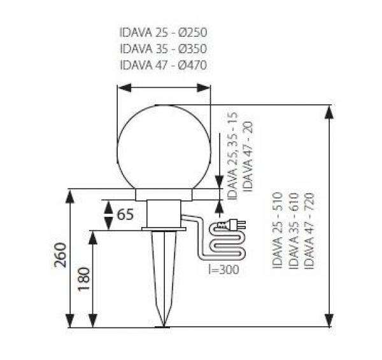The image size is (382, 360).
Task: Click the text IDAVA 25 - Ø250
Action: (x=164, y=32)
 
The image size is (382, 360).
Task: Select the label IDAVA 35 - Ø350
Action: (x=164, y=49)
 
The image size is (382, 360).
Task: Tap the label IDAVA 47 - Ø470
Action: (x=164, y=65)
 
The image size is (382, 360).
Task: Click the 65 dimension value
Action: (x=125, y=214)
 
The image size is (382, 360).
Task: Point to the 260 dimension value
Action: (x=60, y=255)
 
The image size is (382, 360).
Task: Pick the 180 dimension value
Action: (x=84, y=279)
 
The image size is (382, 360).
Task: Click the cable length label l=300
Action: (x=223, y=269)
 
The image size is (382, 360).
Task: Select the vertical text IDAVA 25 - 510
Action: (x=277, y=230)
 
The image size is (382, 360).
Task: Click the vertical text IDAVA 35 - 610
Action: (x=294, y=230)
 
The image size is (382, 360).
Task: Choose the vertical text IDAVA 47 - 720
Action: (x=309, y=230)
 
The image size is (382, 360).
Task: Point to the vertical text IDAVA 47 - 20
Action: (x=248, y=156)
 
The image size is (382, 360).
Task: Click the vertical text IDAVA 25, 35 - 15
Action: (x=232, y=156)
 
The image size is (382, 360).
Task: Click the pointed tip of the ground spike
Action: (x=164, y=327)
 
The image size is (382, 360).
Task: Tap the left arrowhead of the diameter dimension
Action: (x=124, y=88)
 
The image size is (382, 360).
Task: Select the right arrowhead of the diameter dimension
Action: (x=204, y=88)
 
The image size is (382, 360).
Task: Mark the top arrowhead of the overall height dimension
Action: (x=329, y=112)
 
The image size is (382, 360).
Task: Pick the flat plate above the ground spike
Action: (x=164, y=229)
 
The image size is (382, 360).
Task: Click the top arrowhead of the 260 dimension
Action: (x=70, y=196)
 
